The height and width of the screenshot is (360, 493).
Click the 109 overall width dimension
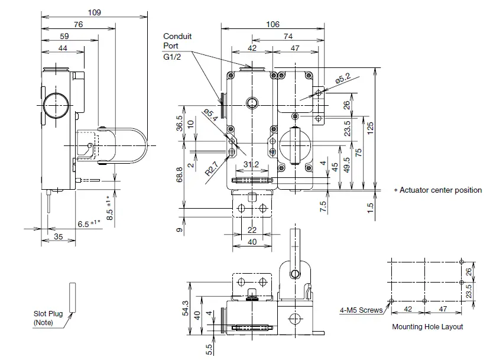point(93,12)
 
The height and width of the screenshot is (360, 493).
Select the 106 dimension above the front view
point(272,24)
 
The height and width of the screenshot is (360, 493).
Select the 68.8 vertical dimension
point(179,176)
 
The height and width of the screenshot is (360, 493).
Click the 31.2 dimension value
point(251,164)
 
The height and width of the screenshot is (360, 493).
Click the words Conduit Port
point(177,41)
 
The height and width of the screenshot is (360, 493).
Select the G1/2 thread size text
point(173,57)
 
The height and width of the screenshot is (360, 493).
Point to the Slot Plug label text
point(47,318)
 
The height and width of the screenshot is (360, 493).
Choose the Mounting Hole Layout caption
point(427,326)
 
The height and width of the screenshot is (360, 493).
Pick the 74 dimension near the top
point(288,37)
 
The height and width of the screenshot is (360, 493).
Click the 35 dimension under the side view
point(58,237)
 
